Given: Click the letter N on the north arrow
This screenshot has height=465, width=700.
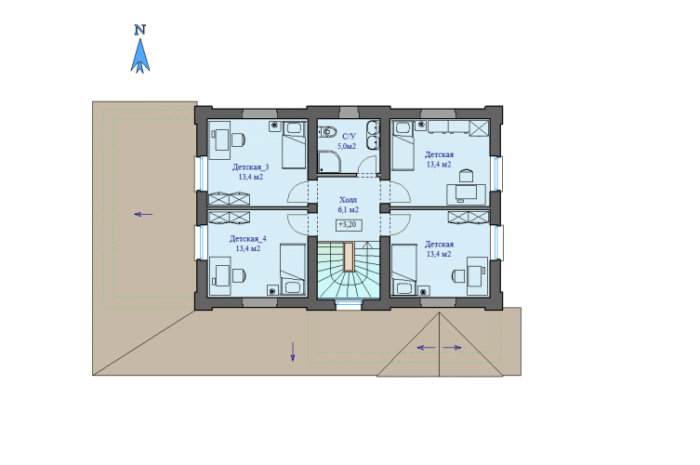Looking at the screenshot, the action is click(140, 30).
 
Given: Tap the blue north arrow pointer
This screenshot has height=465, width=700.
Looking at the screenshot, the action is click(140, 56).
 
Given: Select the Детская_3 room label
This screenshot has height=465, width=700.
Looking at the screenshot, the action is click(250, 167).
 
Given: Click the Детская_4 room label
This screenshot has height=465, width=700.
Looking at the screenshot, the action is click(248, 239).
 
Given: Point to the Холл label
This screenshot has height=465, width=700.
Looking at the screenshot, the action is click(349, 200).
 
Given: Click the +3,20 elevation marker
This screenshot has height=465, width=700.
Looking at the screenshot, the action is click(349, 225).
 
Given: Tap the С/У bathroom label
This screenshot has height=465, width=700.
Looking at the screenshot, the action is click(349, 136).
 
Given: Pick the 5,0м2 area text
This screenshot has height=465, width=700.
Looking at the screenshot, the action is click(347, 146).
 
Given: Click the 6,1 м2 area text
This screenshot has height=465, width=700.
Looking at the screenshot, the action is click(349, 209).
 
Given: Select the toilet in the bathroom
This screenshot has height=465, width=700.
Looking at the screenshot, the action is click(327, 132).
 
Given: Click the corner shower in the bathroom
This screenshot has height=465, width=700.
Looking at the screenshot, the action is click(329, 162).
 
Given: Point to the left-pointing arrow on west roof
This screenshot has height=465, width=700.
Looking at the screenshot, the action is click(143, 215).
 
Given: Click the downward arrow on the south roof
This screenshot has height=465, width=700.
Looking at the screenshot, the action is click(293, 352).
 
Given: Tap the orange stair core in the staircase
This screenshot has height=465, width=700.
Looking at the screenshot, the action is click(349, 257).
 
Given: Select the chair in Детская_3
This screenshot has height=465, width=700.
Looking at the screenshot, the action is click(238, 139).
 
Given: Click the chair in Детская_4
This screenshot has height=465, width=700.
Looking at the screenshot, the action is click(238, 275).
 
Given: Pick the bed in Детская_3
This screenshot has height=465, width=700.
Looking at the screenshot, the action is click(294, 144).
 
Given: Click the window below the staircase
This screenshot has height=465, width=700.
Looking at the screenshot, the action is click(349, 306).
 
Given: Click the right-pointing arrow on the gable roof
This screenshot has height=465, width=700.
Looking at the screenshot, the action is click(452, 348).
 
